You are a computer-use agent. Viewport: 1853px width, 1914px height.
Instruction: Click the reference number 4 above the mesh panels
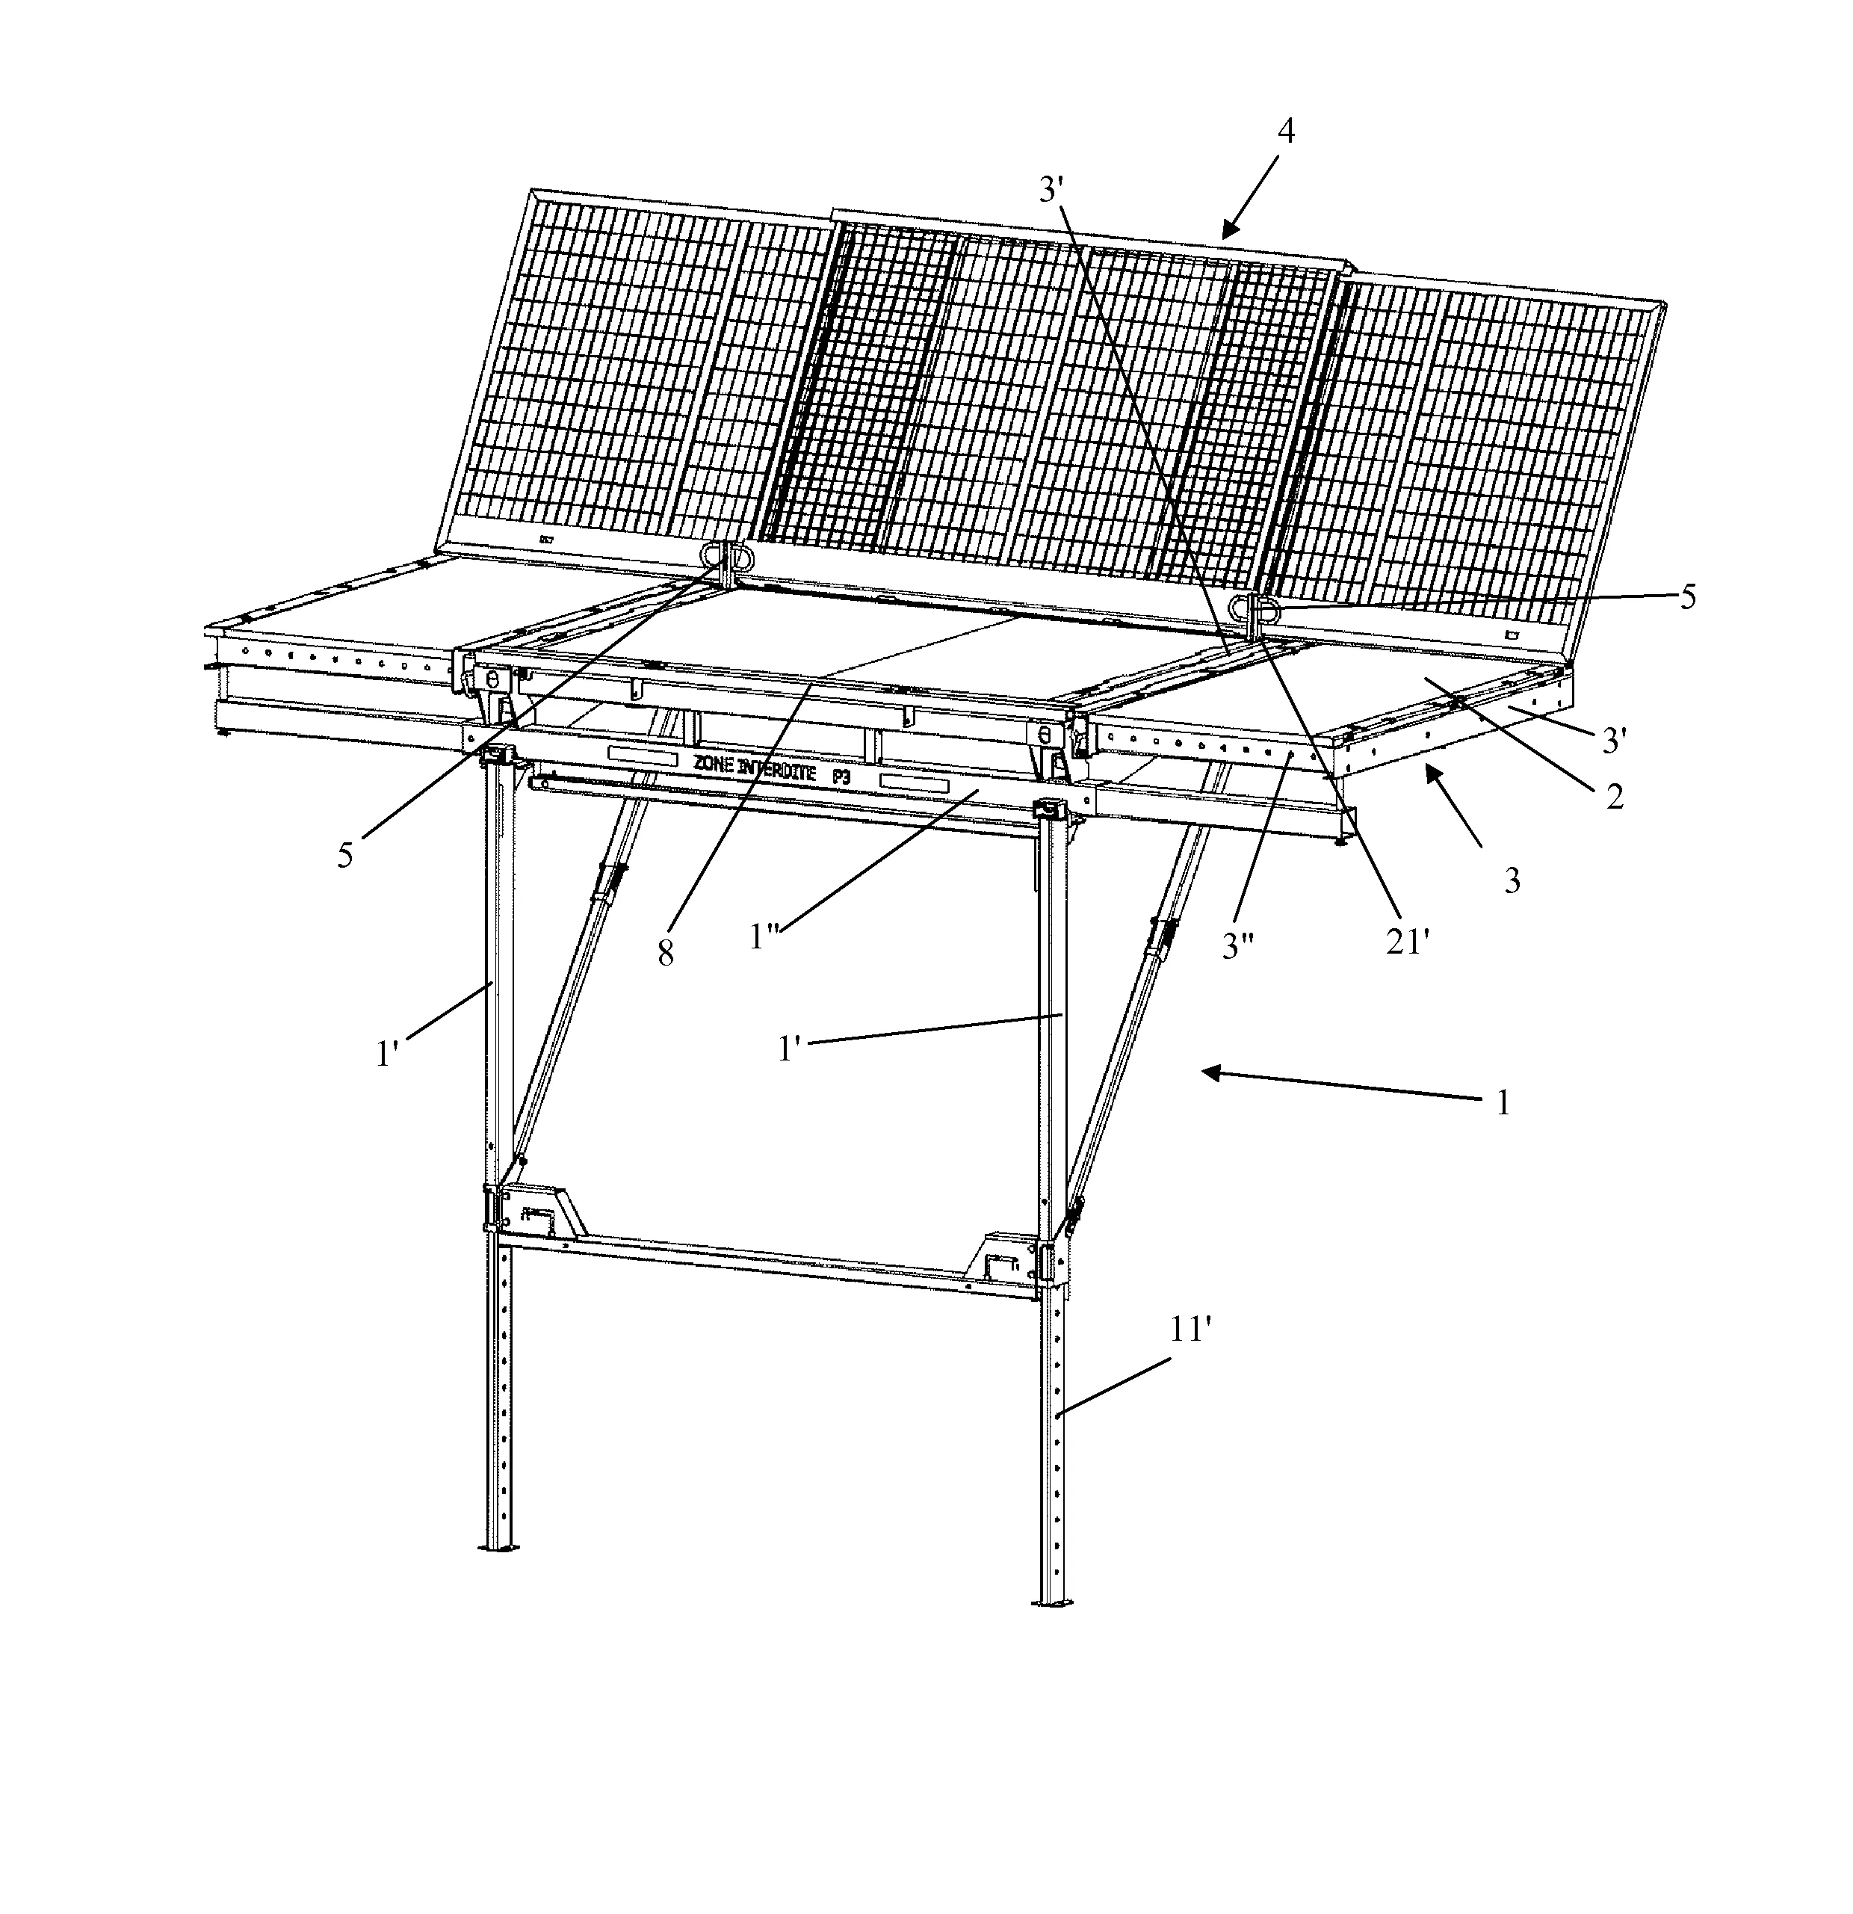click(1286, 131)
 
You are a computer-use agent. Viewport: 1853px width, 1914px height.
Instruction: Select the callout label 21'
click(1406, 942)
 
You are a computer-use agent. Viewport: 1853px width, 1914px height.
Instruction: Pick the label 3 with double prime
click(1239, 945)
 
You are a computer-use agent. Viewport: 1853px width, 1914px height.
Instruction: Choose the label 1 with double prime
click(764, 936)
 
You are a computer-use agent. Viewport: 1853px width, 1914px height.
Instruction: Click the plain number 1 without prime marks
click(1503, 1102)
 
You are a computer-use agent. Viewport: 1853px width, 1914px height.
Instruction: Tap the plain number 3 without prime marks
click(1512, 881)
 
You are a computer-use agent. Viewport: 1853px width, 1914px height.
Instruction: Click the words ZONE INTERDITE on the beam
click(754, 768)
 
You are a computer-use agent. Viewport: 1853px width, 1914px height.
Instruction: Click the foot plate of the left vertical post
click(500, 1547)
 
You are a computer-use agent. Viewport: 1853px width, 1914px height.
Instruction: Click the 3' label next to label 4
click(1051, 189)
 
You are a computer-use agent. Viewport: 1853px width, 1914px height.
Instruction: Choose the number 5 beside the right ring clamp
click(1687, 596)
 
